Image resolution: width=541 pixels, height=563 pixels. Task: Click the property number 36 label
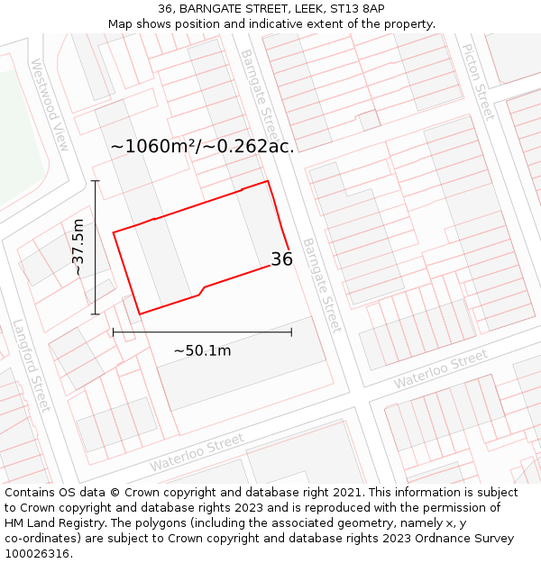click(281, 259)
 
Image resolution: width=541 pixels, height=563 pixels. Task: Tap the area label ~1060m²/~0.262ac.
click(202, 146)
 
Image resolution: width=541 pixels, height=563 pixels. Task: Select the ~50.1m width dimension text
click(202, 350)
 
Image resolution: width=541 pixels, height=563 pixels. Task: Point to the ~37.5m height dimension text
click(78, 247)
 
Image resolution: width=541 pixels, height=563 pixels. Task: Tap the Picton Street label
click(477, 82)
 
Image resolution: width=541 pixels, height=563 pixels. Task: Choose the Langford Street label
click(32, 365)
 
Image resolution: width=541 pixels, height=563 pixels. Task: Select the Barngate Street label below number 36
click(322, 285)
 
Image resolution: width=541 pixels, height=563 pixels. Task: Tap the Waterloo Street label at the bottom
click(197, 452)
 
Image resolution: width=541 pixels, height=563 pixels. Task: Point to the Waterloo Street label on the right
click(441, 369)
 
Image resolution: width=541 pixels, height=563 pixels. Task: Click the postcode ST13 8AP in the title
click(360, 8)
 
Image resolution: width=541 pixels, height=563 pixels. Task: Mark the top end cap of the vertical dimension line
click(96, 180)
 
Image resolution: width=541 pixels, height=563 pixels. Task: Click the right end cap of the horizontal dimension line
click(291, 332)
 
